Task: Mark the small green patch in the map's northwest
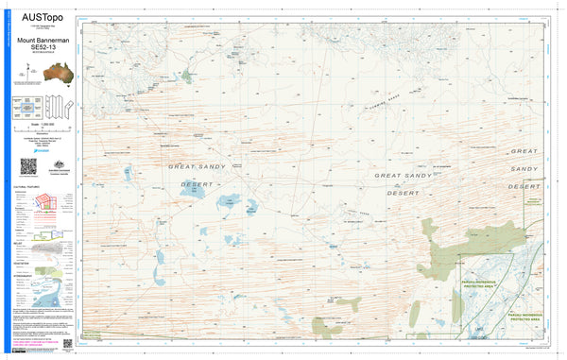(186, 75)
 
